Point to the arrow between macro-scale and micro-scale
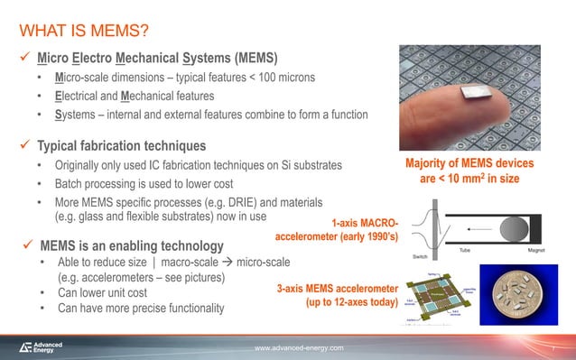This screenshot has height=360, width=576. click(x=224, y=262)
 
